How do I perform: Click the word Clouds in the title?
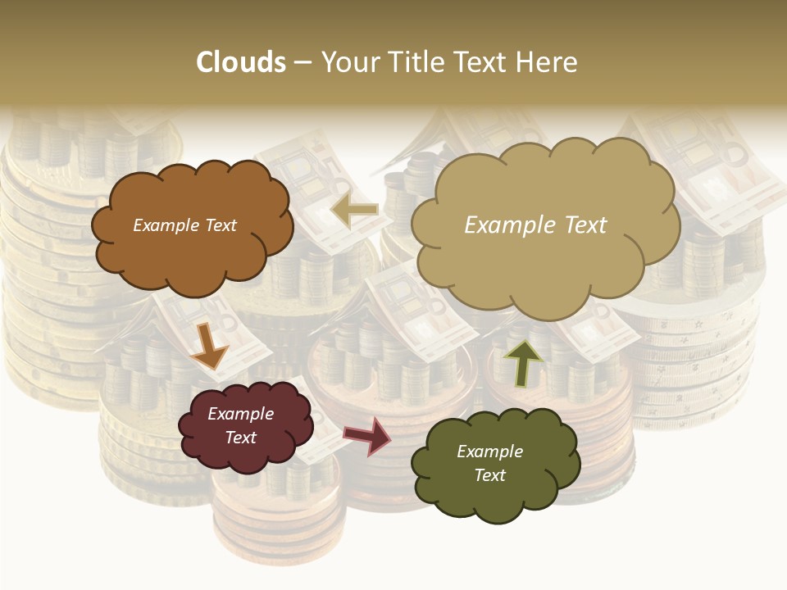241,62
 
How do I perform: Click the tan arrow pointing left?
354,211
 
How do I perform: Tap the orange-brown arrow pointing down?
209,347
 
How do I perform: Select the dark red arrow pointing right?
366,435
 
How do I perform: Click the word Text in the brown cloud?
217,225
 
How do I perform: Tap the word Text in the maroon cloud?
241,438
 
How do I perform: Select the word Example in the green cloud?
489,452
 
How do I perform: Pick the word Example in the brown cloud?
163,225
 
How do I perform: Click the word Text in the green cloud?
489,475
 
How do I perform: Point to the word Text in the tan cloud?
585,225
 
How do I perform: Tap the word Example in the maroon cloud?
241,414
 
